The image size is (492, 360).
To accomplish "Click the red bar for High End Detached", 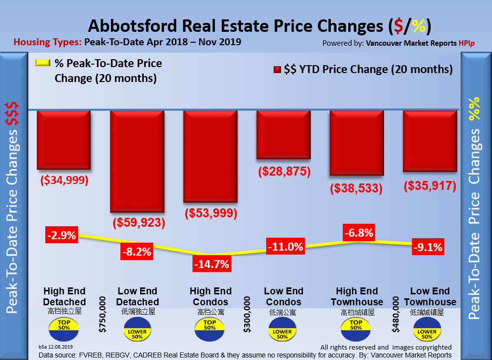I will coord(64,140).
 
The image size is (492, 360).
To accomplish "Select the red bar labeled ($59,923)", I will coord(137,161).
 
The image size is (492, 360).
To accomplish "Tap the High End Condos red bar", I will coord(210,156).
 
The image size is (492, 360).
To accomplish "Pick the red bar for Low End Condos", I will coord(284,134).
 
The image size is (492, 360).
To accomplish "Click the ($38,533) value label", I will coord(356,188).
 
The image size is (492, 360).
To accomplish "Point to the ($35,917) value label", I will coord(430,185).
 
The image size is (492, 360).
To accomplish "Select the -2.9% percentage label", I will coord(61,235).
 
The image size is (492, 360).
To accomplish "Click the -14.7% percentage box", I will coord(211,264).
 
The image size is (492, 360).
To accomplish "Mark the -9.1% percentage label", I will coord(427,247).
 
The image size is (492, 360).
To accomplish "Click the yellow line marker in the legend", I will coord(43,64).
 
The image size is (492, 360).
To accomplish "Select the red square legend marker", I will coord(277,70).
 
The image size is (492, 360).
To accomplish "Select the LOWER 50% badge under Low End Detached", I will coord(137,332).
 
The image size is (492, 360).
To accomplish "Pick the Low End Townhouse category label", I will coord(430,296).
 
